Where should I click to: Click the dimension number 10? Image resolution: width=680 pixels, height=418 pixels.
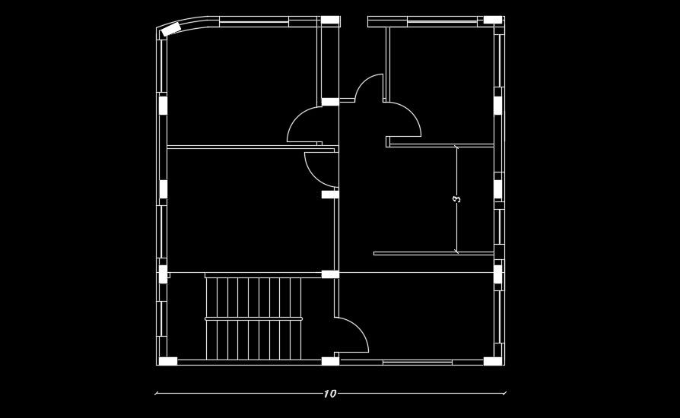[x=329, y=394]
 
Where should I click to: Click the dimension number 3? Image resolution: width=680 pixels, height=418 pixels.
[x=456, y=198]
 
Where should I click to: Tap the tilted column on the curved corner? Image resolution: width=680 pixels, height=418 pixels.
[x=171, y=30]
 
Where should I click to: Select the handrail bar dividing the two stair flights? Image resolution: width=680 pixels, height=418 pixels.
[x=253, y=318]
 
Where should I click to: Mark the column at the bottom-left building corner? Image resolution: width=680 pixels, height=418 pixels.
[x=167, y=361]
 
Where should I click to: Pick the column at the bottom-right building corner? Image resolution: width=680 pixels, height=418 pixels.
[x=493, y=361]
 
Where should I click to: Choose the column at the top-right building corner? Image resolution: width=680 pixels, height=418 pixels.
[x=493, y=20]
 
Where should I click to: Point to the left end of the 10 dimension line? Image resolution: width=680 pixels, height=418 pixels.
[x=156, y=394]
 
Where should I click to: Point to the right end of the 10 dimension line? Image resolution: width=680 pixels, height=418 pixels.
[x=505, y=394]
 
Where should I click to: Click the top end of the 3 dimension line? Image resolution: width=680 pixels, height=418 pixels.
[x=456, y=145]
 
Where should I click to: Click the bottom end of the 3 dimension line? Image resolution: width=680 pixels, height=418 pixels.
[x=456, y=252]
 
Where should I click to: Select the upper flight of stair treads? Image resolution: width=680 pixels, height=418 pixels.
[x=253, y=297]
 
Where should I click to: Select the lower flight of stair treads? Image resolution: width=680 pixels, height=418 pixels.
[x=253, y=340]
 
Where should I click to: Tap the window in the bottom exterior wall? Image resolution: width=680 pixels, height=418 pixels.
[x=417, y=363]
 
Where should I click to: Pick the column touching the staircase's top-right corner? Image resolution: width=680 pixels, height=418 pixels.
[x=330, y=274]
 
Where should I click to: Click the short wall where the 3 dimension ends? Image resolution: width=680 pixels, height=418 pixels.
[x=434, y=253]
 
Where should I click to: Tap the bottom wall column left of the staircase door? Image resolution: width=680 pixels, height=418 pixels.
[x=330, y=361]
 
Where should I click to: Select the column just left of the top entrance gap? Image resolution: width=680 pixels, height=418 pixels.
[x=330, y=20]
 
